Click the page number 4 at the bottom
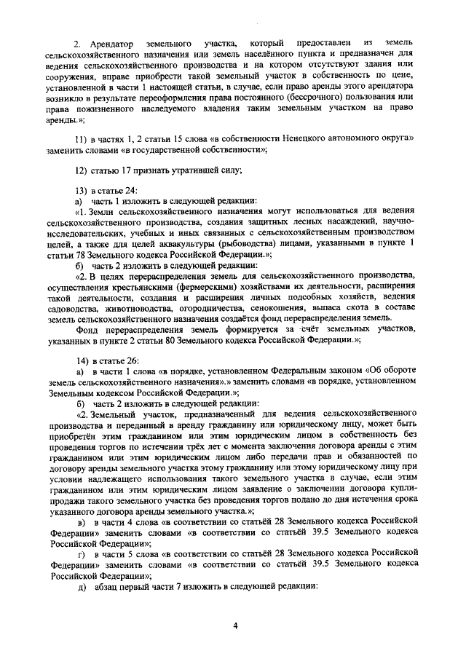235,625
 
